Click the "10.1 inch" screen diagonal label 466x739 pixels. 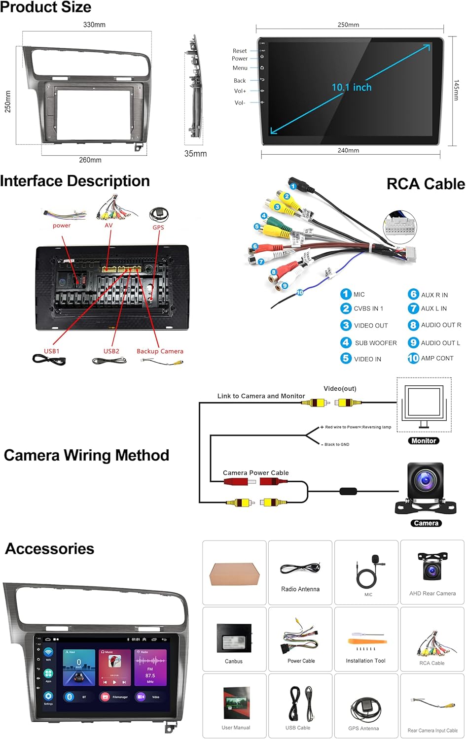pos(351,87)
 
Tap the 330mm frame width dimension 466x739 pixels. pos(94,25)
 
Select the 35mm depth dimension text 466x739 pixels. pos(195,154)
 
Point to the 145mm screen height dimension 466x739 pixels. pos(456,90)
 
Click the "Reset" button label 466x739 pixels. pos(240,51)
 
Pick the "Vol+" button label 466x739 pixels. pos(240,91)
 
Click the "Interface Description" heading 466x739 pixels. pos(75,181)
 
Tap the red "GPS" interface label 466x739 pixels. pos(158,228)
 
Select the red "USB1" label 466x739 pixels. pos(52,351)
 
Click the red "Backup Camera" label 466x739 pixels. pos(160,351)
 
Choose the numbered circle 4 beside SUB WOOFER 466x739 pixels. pos(346,342)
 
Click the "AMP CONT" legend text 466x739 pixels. pos(437,358)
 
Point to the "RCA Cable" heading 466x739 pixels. pos(425,184)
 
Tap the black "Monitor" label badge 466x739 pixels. pos(424,441)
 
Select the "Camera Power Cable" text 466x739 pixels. pos(255,473)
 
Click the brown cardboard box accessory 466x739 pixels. pos(234,574)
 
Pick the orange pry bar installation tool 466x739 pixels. pos(366,641)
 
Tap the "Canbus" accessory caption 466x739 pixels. pos(234,661)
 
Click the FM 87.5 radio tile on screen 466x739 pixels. pos(150,667)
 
